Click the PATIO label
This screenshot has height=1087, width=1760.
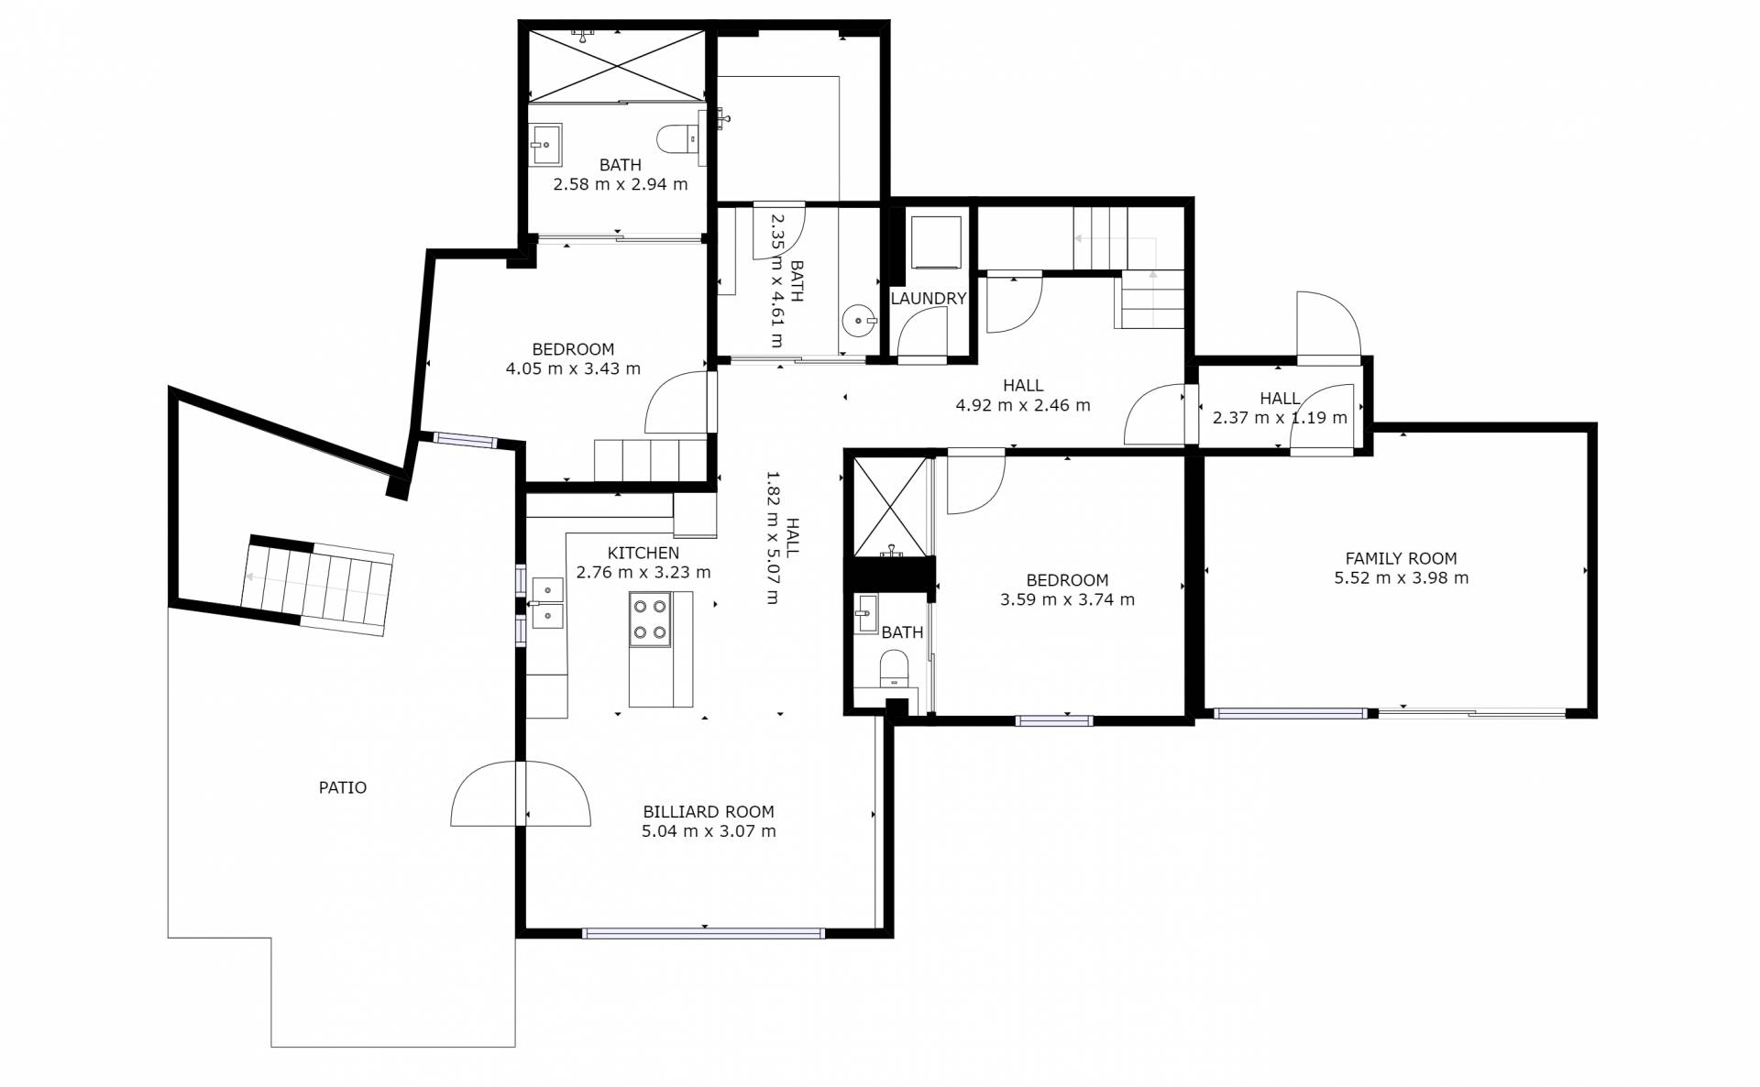342,787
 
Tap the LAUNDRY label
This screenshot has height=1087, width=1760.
929,299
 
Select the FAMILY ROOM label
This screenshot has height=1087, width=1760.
1401,558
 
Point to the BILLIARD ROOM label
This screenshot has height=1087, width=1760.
709,812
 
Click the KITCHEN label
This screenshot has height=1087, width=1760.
643,553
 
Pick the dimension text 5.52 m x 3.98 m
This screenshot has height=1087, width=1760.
1402,578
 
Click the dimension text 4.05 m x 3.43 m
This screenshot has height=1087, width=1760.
573,369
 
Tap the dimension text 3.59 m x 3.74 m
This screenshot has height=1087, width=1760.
1067,600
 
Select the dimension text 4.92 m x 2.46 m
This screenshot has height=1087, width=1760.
1023,405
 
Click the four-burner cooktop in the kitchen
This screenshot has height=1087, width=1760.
650,620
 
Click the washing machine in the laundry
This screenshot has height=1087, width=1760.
935,242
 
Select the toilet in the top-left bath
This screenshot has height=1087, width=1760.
678,140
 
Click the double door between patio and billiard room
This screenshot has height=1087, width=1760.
521,794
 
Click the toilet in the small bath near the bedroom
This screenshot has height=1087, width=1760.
893,668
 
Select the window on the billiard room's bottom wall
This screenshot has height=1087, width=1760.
703,934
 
